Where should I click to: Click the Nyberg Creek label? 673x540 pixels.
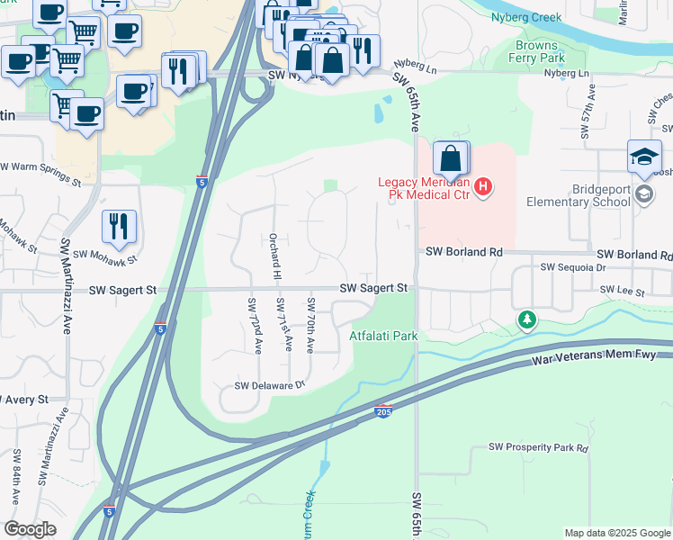coord(526,17)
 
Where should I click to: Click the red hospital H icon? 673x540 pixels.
coord(484,187)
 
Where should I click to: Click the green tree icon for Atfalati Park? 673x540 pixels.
coord(526,319)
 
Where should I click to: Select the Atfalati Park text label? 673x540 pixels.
coord(384,336)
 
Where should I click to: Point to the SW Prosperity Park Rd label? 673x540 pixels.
coord(538,447)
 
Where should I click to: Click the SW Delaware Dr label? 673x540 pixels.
coord(271,385)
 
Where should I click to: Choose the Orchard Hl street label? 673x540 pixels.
coord(275,256)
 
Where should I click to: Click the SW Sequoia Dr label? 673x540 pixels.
coord(574,267)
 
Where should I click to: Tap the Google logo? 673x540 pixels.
coord(30,529)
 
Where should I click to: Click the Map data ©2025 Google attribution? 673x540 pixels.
coord(615,533)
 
